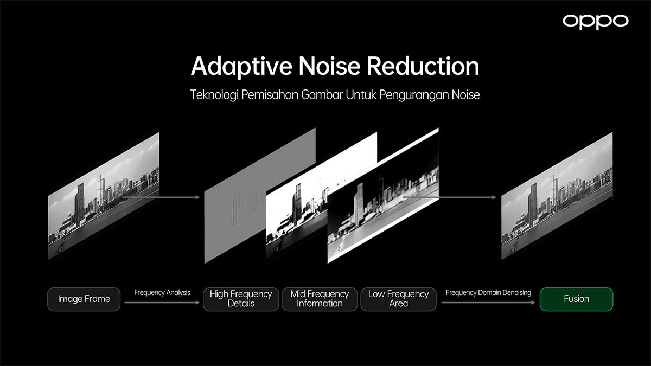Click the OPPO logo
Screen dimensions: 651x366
596,22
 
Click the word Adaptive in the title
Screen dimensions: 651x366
241,67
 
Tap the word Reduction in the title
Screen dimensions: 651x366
423,66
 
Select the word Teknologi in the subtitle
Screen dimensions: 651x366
214,95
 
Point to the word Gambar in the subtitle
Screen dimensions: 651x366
322,95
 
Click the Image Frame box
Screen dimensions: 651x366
84,299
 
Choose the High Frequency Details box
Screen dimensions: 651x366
241,299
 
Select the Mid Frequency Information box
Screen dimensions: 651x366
320,299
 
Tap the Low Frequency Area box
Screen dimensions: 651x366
398,299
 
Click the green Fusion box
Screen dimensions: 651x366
576,299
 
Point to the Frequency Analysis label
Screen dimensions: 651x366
162,292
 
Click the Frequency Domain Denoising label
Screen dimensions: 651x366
489,292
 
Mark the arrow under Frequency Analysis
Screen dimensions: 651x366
162,303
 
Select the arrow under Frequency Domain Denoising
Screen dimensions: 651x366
488,303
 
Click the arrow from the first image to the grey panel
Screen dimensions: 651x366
161,197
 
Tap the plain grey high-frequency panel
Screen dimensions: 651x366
244,203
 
